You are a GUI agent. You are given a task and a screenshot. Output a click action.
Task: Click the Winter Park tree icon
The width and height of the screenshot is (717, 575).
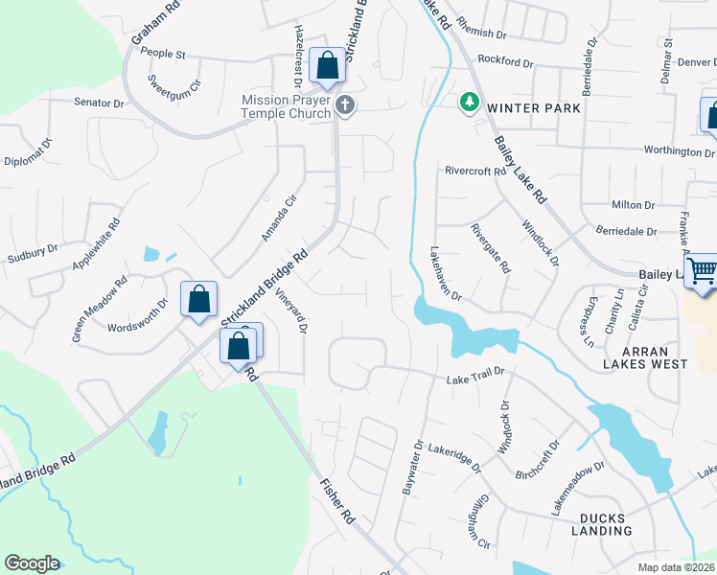pyautogui.click(x=469, y=101)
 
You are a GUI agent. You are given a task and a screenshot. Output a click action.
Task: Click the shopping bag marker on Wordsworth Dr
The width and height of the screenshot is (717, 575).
pyautogui.click(x=198, y=299)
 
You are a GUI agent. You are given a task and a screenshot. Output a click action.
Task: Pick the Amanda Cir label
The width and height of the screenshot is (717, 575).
pyautogui.click(x=273, y=217)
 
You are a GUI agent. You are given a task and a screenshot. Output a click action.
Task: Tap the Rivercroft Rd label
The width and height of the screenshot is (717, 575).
pyautogui.click(x=474, y=172)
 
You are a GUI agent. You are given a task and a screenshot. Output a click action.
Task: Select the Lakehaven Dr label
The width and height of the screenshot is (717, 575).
pyautogui.click(x=446, y=271)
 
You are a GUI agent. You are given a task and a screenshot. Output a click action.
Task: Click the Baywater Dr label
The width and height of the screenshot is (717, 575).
pyautogui.click(x=418, y=468)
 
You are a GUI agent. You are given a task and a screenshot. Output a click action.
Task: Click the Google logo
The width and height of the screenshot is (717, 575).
pyautogui.click(x=32, y=563)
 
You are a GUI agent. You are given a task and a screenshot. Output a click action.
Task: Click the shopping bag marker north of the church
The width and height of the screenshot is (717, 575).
pyautogui.click(x=327, y=66)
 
